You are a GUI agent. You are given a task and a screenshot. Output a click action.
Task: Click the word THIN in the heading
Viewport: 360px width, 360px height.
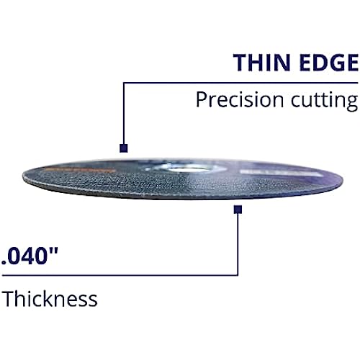point(262,63)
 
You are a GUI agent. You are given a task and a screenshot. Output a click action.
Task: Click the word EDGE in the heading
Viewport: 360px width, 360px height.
point(329,63)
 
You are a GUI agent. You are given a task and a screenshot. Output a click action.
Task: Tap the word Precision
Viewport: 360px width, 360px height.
point(240,99)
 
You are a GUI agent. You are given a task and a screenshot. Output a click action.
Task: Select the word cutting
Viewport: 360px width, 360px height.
point(325,101)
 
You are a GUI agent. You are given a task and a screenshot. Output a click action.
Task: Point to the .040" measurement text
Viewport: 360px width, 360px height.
point(30,256)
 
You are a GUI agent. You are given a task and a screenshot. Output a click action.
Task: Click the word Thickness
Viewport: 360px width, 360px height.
point(50,298)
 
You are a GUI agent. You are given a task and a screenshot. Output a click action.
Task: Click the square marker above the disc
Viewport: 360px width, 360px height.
point(124,148)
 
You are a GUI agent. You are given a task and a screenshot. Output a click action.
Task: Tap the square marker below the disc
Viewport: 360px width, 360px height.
point(238,210)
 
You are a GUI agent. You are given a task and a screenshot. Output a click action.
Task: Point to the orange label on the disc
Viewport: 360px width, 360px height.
point(79,171)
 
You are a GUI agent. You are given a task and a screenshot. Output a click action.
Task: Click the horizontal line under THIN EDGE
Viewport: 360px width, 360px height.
point(240,83)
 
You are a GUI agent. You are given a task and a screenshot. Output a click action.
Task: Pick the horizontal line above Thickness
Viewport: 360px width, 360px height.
point(120,275)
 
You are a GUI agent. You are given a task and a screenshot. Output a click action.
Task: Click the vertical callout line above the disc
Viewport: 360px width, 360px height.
point(124,113)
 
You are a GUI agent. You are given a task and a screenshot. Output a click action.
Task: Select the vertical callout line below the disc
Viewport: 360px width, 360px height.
point(238,244)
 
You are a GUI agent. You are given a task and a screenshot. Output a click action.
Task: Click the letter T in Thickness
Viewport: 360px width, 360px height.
point(9,299)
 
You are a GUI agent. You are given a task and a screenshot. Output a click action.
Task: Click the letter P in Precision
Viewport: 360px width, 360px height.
point(202,99)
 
